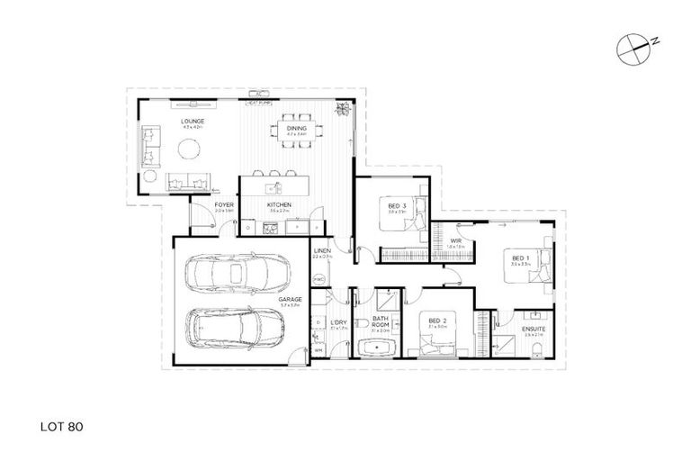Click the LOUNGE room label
click(x=193, y=121)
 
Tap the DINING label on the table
click(x=297, y=129)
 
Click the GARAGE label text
click(x=289, y=299)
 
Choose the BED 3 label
click(x=397, y=205)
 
